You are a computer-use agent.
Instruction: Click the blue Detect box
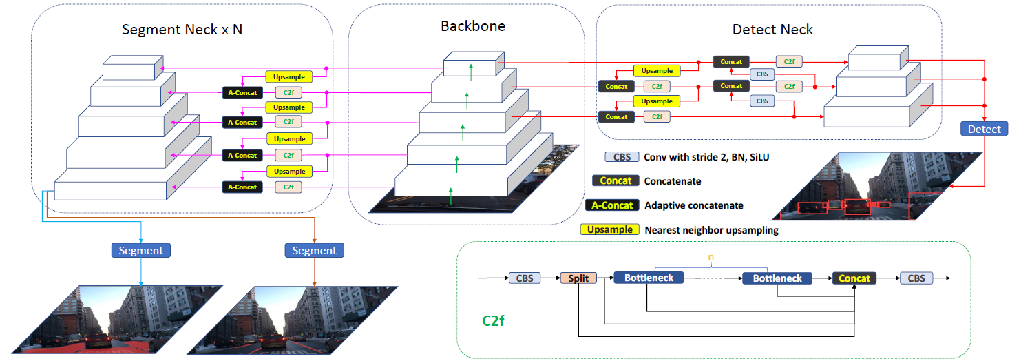[984, 128]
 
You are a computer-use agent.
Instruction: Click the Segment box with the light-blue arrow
[140, 251]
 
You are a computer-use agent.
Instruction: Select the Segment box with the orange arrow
[314, 251]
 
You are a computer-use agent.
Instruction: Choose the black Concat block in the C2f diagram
[854, 278]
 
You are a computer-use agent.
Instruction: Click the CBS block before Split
[525, 278]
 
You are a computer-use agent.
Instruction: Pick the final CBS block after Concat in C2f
[916, 278]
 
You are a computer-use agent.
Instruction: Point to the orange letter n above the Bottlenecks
[712, 258]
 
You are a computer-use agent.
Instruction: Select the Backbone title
[473, 26]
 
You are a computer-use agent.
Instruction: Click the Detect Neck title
[772, 30]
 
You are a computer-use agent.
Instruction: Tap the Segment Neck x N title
[182, 30]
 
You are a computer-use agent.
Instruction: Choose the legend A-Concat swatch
[611, 205]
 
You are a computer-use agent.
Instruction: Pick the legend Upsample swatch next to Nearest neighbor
[611, 229]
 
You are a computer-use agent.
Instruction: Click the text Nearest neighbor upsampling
[711, 230]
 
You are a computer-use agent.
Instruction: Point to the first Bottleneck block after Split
[648, 278]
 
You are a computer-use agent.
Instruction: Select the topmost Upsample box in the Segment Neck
[289, 76]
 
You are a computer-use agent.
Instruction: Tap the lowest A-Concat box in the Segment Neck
[242, 187]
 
